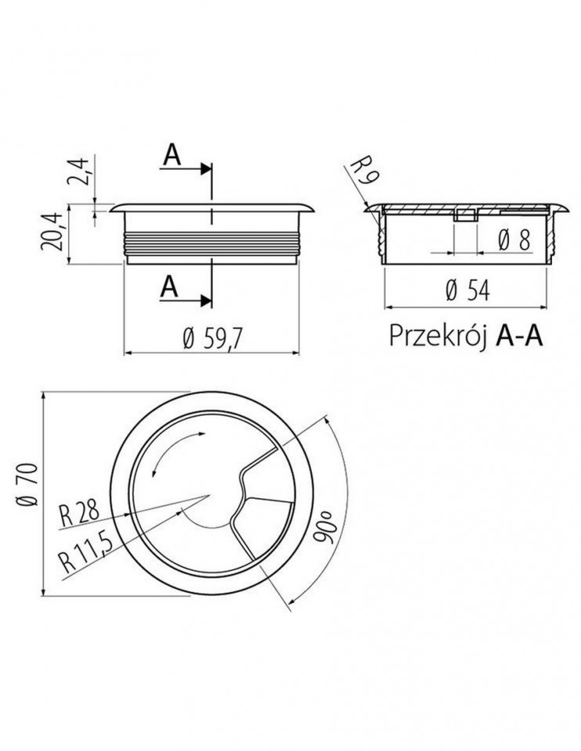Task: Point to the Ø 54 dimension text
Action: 468,290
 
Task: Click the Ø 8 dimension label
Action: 515,239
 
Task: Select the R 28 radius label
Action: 79,511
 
